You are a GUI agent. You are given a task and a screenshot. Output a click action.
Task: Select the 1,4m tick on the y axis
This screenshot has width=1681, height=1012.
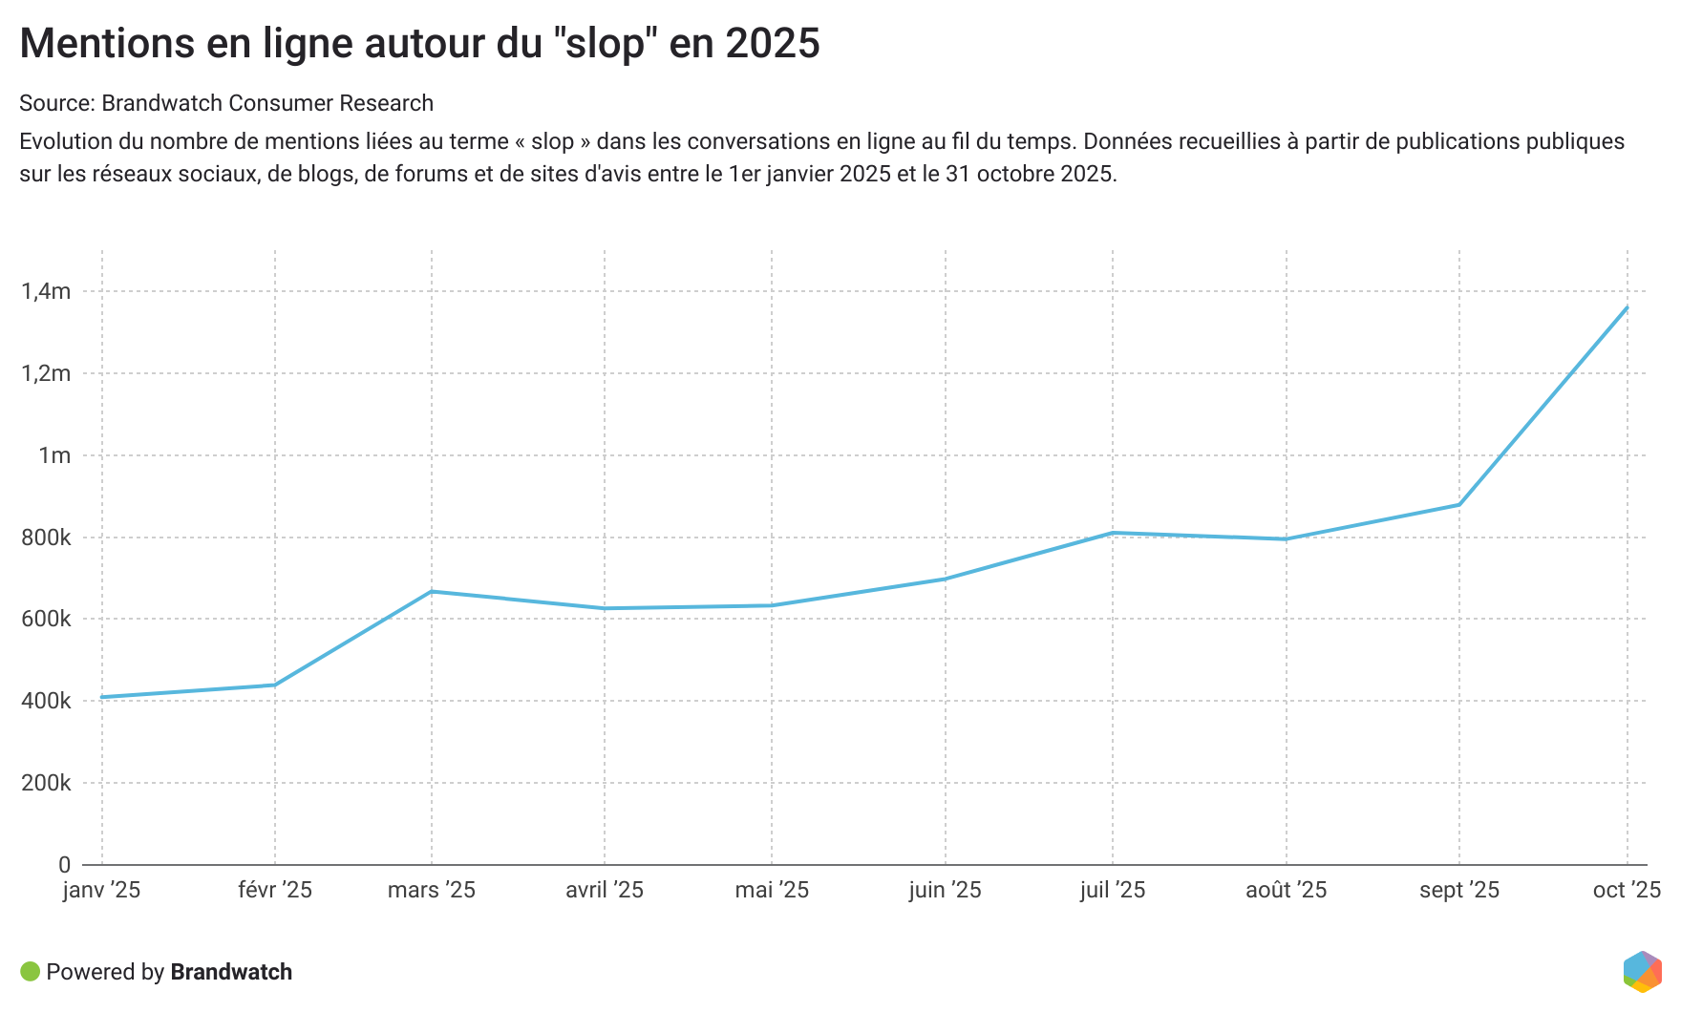pyautogui.click(x=46, y=291)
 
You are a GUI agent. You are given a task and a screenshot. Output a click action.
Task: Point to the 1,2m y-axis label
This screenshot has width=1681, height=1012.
pyautogui.click(x=46, y=373)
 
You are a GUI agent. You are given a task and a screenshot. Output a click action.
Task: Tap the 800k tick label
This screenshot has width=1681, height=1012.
pyautogui.click(x=46, y=538)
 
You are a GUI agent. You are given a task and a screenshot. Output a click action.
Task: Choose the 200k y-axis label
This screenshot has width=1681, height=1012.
pyautogui.click(x=46, y=783)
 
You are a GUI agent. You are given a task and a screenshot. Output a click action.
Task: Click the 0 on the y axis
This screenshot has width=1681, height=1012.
pyautogui.click(x=64, y=865)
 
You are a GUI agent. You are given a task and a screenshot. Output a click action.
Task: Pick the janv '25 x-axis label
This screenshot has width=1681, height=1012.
pyautogui.click(x=101, y=890)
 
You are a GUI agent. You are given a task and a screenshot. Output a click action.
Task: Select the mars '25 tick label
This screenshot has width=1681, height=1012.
pyautogui.click(x=432, y=890)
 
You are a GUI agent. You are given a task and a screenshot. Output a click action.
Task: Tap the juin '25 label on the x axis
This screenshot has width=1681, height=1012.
pyautogui.click(x=945, y=890)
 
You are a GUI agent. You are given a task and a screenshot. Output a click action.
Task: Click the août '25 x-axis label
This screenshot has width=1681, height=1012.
pyautogui.click(x=1286, y=890)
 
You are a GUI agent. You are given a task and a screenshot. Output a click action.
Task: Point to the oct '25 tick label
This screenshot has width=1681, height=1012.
pyautogui.click(x=1627, y=890)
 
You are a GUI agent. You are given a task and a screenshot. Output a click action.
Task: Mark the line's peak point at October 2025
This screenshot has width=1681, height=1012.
pyautogui.click(x=1627, y=307)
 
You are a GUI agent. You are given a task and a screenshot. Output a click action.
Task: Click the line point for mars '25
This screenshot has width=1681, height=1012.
pyautogui.click(x=432, y=591)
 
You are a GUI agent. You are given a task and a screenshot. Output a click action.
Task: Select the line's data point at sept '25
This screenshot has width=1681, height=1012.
pyautogui.click(x=1458, y=505)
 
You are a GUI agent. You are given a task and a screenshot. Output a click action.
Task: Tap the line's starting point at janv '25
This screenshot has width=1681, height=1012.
pyautogui.click(x=102, y=697)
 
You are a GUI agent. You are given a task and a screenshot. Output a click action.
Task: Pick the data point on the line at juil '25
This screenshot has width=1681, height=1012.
pyautogui.click(x=1113, y=533)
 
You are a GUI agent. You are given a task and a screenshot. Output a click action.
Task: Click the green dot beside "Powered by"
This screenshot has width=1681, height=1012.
pyautogui.click(x=30, y=972)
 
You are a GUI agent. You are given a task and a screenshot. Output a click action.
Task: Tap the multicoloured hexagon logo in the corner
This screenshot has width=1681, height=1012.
pyautogui.click(x=1642, y=972)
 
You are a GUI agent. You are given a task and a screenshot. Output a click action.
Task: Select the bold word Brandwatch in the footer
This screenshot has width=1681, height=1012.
pyautogui.click(x=231, y=972)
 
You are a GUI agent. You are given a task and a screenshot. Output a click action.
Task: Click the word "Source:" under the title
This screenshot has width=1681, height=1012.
pyautogui.click(x=56, y=103)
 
